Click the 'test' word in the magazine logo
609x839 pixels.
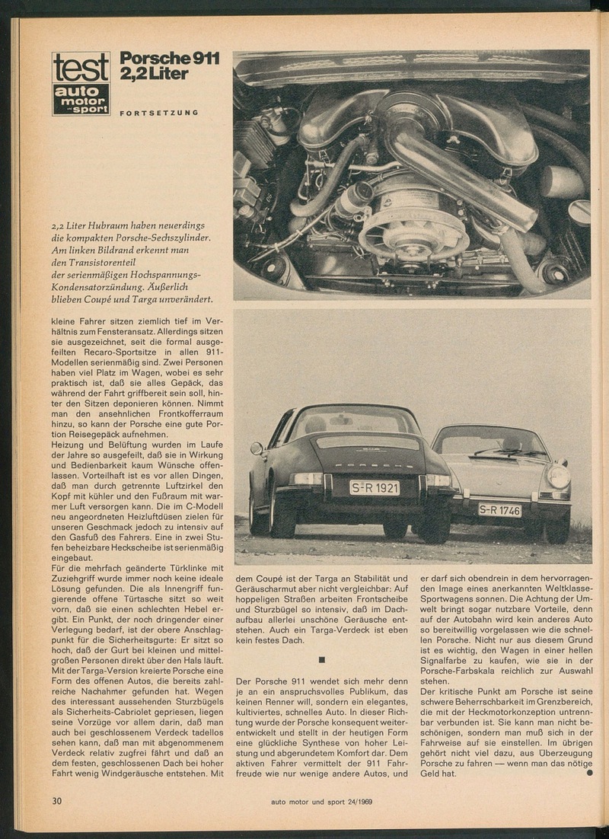81,68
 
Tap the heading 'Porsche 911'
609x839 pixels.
170,59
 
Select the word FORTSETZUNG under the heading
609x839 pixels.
159,113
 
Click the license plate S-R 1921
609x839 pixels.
374,487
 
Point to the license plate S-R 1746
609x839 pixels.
499,509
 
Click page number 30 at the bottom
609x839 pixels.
57,800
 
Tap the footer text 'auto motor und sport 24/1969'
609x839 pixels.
321,801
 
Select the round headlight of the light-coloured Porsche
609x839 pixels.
559,476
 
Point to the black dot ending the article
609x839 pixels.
589,774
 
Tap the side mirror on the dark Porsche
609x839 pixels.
257,448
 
